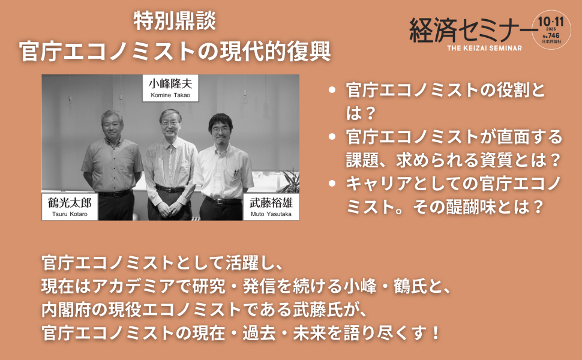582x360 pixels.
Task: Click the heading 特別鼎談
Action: tap(175, 22)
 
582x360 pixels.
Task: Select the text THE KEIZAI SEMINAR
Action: tap(484, 47)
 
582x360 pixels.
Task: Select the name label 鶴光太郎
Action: tap(65, 202)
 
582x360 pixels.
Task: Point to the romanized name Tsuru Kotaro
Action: tap(65, 214)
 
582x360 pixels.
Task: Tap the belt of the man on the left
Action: tap(113, 193)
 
